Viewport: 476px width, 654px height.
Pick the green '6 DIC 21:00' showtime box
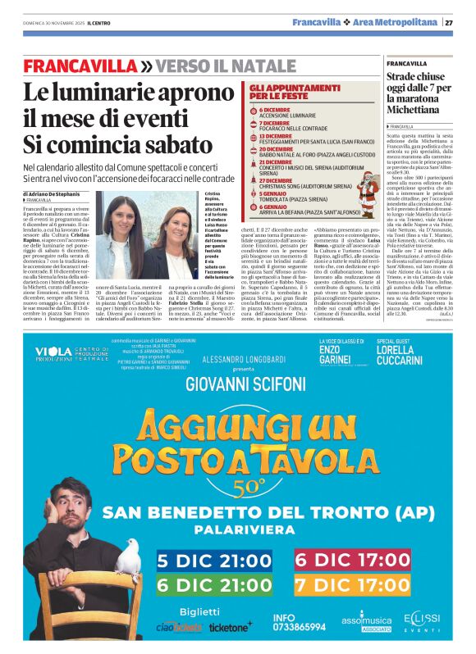click(216, 585)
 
